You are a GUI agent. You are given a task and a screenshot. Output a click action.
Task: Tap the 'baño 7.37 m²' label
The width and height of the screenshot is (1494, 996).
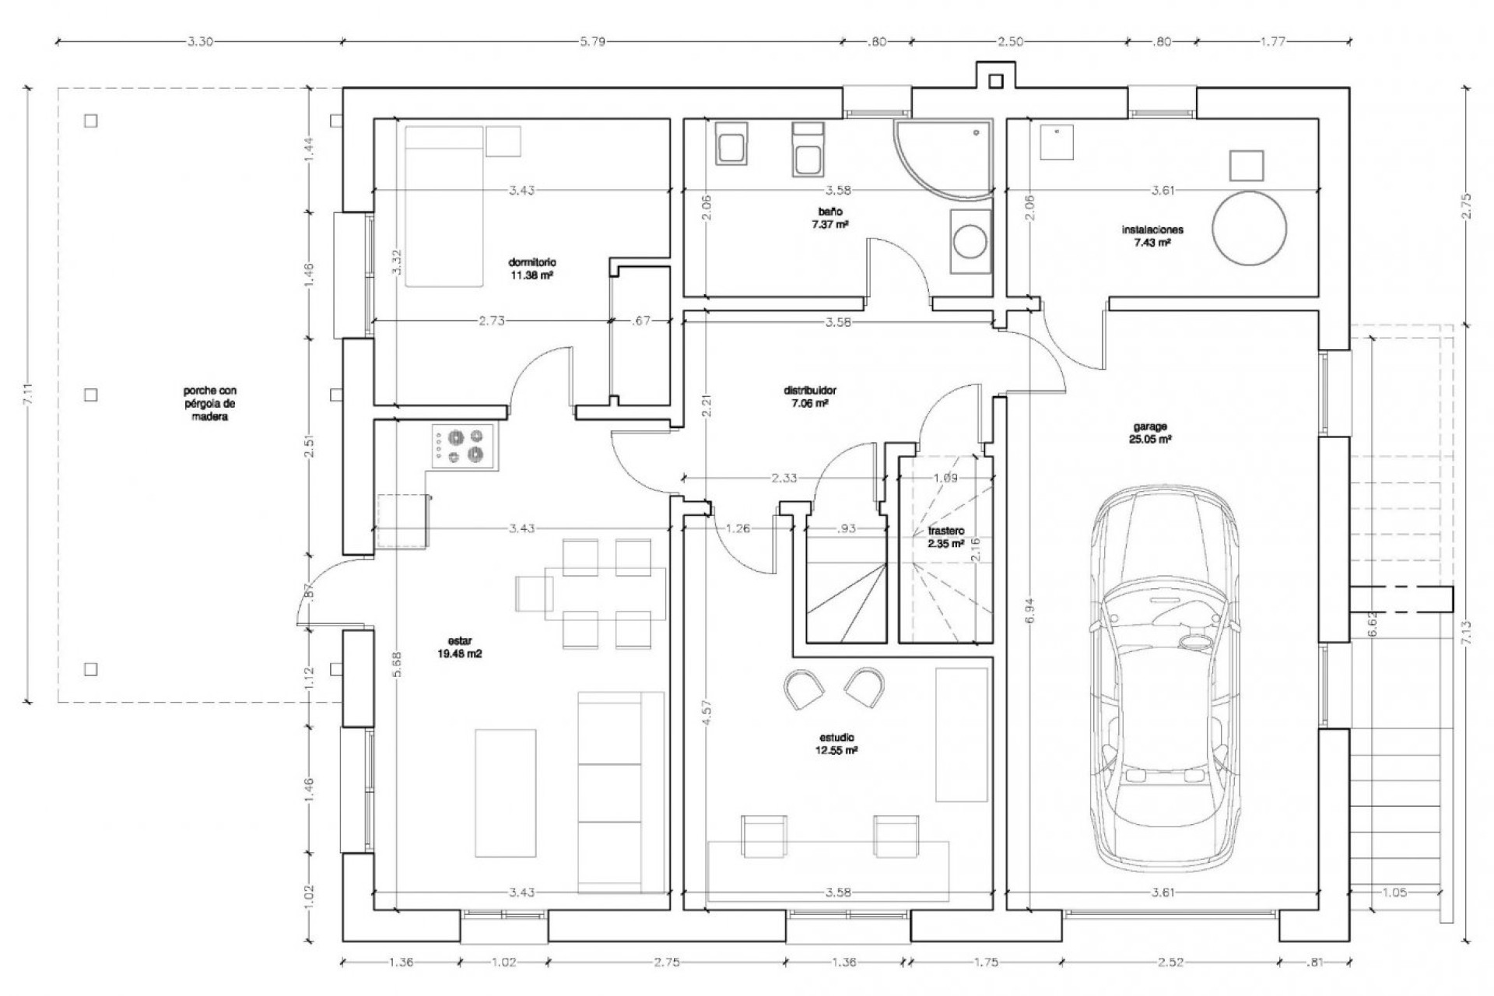tap(829, 217)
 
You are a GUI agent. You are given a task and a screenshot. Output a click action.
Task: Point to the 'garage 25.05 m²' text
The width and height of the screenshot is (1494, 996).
tap(1149, 433)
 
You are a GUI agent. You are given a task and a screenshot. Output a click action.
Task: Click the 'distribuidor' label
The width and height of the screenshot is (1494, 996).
tap(810, 397)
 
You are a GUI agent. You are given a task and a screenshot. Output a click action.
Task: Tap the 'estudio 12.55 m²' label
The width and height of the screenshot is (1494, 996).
tap(837, 744)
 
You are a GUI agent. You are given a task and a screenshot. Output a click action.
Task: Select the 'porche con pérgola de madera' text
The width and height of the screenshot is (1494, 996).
tap(210, 404)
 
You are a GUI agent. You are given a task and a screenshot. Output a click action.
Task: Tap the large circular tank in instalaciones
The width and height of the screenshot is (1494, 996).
tap(1249, 229)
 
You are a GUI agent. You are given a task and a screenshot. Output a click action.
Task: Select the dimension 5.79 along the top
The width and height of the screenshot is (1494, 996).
tap(592, 42)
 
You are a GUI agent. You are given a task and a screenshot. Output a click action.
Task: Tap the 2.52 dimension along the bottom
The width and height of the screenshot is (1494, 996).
tap(1170, 963)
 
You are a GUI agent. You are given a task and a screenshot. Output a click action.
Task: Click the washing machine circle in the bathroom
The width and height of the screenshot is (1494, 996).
tap(970, 241)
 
